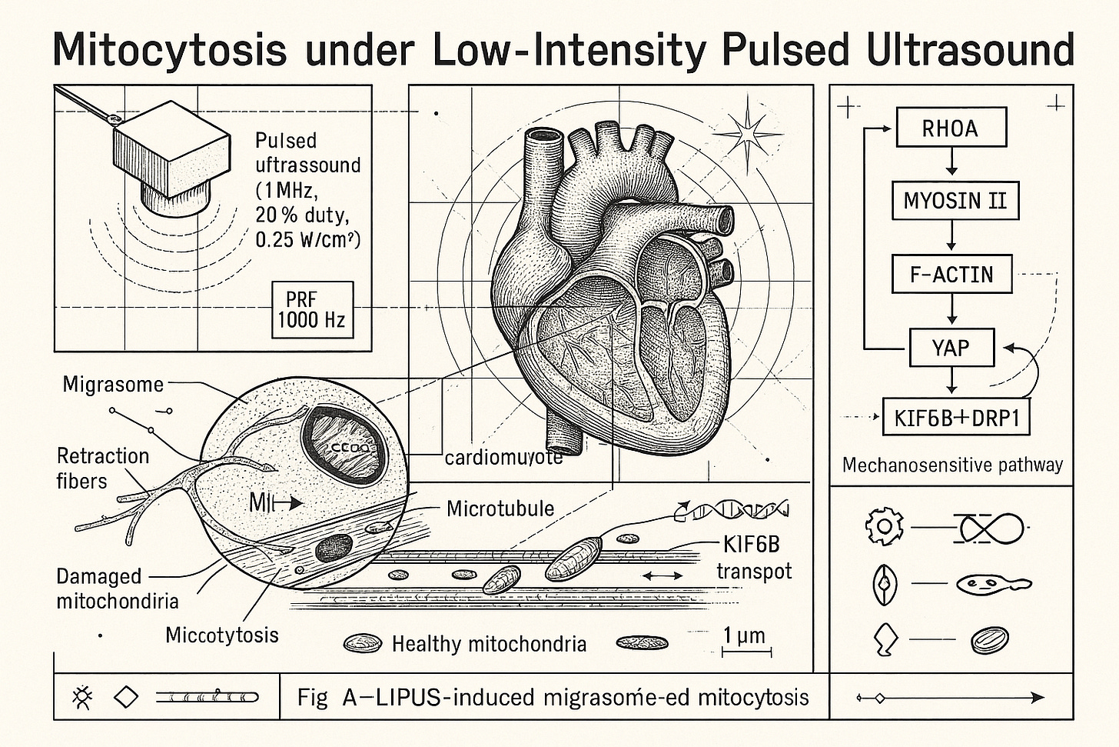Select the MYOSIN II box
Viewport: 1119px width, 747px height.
pos(953,201)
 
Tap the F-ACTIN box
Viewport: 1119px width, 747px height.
pos(951,274)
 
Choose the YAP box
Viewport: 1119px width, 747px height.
pos(951,347)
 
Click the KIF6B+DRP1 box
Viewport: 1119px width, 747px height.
pos(955,418)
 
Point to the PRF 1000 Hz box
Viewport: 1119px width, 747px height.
pos(311,309)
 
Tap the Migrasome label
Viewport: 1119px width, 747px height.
pos(113,384)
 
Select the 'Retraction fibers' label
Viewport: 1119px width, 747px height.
pos(102,468)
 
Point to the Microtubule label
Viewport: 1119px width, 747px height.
pos(500,509)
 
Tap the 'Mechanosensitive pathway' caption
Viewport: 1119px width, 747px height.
pos(952,465)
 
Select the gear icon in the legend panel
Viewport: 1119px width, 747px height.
pos(882,527)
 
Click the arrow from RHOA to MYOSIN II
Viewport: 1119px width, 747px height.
pos(951,163)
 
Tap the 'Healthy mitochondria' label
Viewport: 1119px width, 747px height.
pos(489,644)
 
